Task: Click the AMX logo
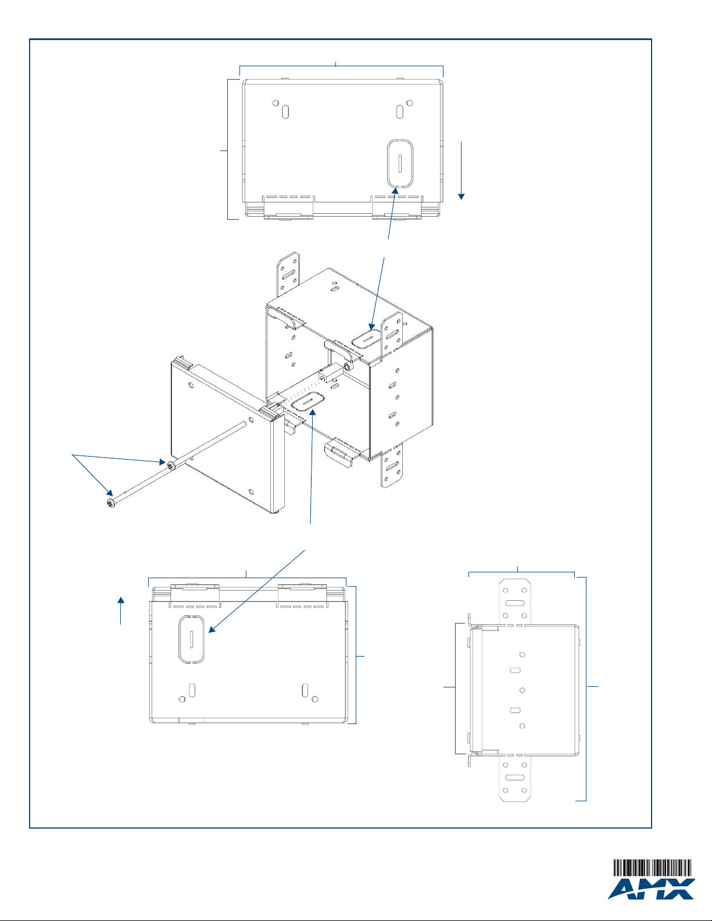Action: pyautogui.click(x=651, y=889)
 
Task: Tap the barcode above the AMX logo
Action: pyautogui.click(x=653, y=868)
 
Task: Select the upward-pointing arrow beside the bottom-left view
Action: pyautogui.click(x=121, y=611)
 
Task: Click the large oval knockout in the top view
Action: pyautogui.click(x=400, y=163)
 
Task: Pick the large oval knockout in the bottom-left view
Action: pyautogui.click(x=192, y=639)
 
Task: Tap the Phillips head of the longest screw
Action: pyautogui.click(x=111, y=503)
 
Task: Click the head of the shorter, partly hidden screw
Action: pyautogui.click(x=171, y=465)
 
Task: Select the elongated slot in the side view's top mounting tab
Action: pyautogui.click(x=515, y=603)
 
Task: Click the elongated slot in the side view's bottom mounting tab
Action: pyautogui.click(x=515, y=777)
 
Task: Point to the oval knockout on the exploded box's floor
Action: pyautogui.click(x=308, y=401)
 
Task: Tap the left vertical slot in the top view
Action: pyautogui.click(x=285, y=112)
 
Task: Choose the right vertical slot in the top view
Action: pyautogui.click(x=399, y=112)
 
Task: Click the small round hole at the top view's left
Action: pyautogui.click(x=276, y=103)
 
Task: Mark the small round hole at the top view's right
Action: pyautogui.click(x=409, y=103)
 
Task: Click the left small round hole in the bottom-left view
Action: pyautogui.click(x=183, y=700)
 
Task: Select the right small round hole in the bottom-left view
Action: pyautogui.click(x=315, y=700)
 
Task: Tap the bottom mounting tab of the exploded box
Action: pyautogui.click(x=392, y=465)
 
